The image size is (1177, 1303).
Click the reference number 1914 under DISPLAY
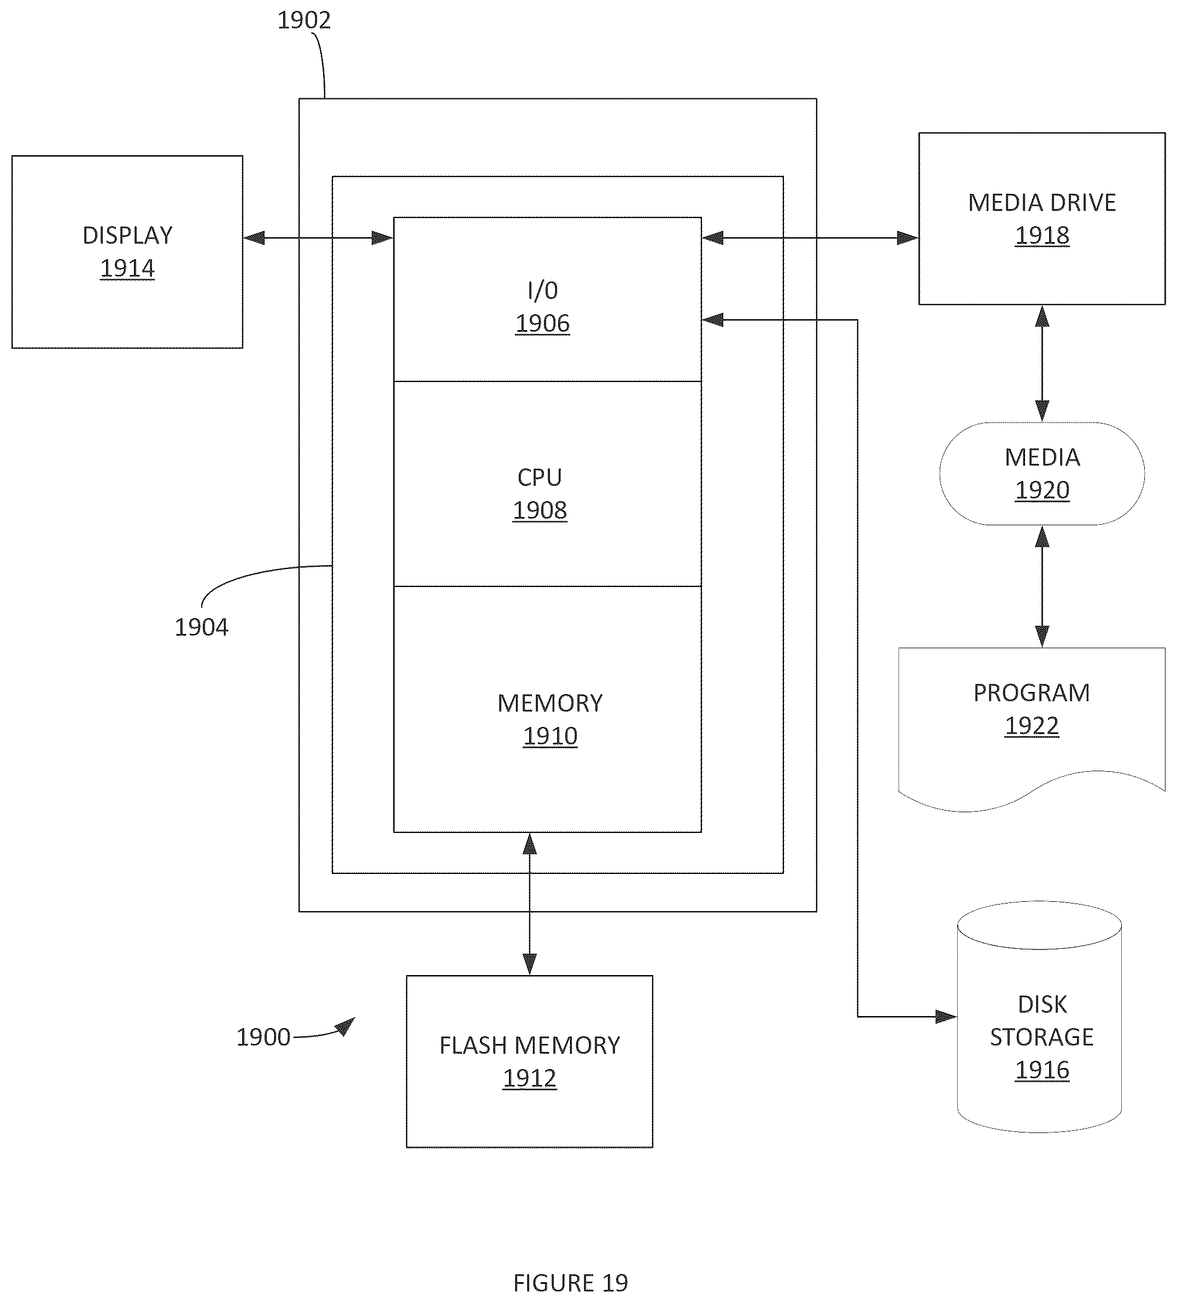coord(127,268)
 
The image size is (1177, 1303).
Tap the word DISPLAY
coord(127,235)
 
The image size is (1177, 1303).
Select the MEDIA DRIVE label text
coord(1041,203)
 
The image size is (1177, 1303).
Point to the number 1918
coord(1042,235)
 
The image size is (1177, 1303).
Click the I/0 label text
coord(542,291)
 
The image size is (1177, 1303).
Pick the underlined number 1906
coord(542,323)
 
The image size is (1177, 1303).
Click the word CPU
coord(540,478)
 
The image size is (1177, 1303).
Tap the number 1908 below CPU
coord(540,510)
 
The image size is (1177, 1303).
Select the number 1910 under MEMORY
coord(550,736)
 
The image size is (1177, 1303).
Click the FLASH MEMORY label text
coord(529,1045)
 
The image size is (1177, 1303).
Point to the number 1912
coord(529,1078)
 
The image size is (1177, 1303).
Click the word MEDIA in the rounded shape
coord(1042,457)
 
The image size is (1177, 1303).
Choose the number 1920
coord(1042,490)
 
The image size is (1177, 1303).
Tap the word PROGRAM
coord(1032,693)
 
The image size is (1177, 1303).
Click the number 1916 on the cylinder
coord(1042,1070)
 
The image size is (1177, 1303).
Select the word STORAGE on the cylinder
coord(1041,1037)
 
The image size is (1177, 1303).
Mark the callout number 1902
coord(304,21)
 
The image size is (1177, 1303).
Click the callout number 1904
coord(201,627)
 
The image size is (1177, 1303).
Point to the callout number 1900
coord(263,1037)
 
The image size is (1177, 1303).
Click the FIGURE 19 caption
coord(571,1282)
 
